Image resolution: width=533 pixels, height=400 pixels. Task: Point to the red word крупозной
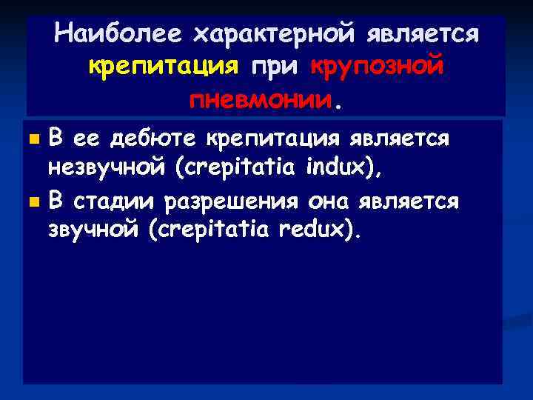coord(378,67)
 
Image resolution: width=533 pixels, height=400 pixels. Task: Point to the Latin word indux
coord(338,169)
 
